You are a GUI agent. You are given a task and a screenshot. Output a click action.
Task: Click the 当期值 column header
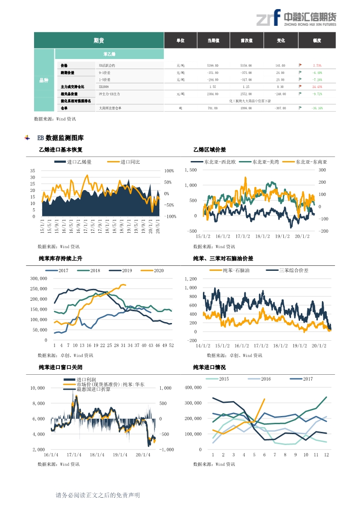pos(213,41)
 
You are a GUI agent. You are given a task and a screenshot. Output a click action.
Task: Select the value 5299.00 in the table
pos(213,65)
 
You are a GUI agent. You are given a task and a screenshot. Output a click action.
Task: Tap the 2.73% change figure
pos(317,65)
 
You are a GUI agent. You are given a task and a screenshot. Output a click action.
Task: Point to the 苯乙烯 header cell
pos(109,54)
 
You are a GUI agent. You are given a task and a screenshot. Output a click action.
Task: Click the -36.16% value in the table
pos(317,108)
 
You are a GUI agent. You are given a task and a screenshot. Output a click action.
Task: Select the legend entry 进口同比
pos(130,162)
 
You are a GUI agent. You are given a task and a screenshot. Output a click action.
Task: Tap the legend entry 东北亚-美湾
pos(266,162)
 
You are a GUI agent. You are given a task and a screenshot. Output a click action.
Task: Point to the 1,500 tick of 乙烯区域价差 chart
pos(191,170)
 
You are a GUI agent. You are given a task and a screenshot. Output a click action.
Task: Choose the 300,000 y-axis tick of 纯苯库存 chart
pos(38,279)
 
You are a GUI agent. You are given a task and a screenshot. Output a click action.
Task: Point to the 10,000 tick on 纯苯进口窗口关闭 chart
pos(37,388)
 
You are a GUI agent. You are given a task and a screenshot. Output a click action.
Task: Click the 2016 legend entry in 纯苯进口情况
pos(265,379)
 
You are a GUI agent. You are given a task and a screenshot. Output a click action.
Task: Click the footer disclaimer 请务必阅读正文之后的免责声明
pos(97,495)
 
